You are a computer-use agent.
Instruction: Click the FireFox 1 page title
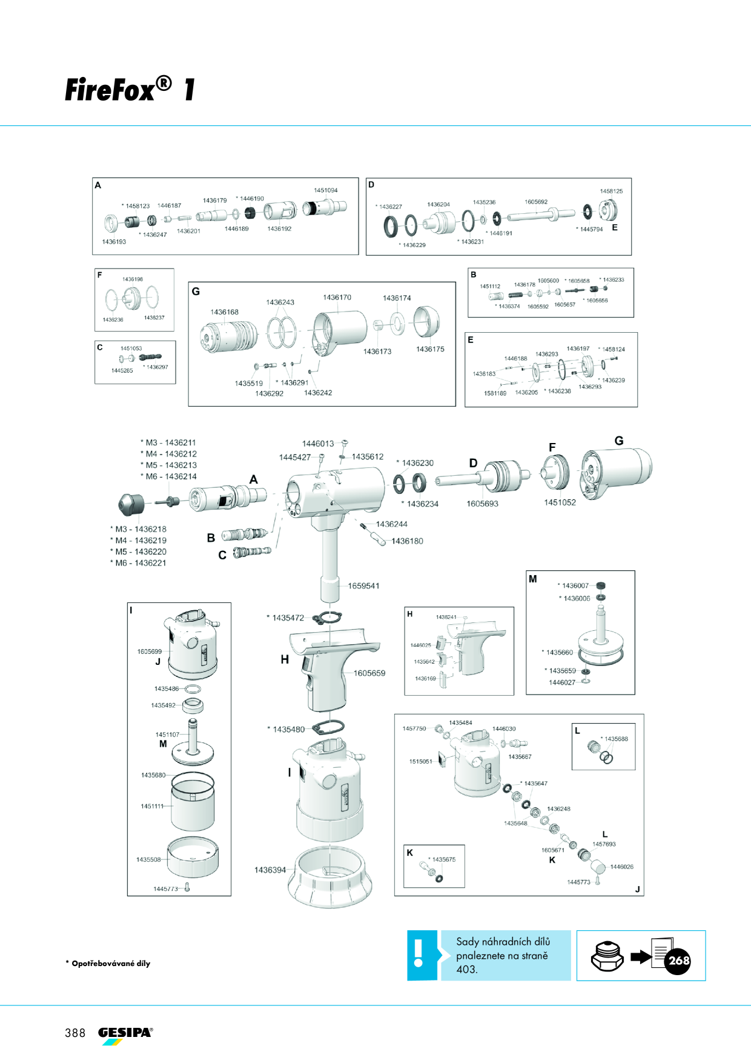coord(130,90)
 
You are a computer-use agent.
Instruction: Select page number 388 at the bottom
coord(75,1033)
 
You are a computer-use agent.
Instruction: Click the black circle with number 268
coord(678,961)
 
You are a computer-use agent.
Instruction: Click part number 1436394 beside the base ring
coord(270,870)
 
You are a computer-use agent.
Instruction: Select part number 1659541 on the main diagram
coord(363,585)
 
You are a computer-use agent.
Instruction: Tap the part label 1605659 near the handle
coord(369,673)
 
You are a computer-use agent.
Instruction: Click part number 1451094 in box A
coord(326,190)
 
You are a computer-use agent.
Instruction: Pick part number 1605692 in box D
coord(536,202)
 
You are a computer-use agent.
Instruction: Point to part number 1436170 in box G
coord(337,297)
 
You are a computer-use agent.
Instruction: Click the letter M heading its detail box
coord(533,579)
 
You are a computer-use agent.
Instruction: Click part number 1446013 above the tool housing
coord(318,444)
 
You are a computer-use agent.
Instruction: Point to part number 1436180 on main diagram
coord(407,541)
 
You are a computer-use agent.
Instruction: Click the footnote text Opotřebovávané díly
coord(111,964)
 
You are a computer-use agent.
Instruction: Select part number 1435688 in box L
coord(617,739)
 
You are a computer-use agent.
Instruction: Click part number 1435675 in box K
coord(444,859)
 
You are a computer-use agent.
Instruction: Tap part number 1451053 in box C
coord(131,348)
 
